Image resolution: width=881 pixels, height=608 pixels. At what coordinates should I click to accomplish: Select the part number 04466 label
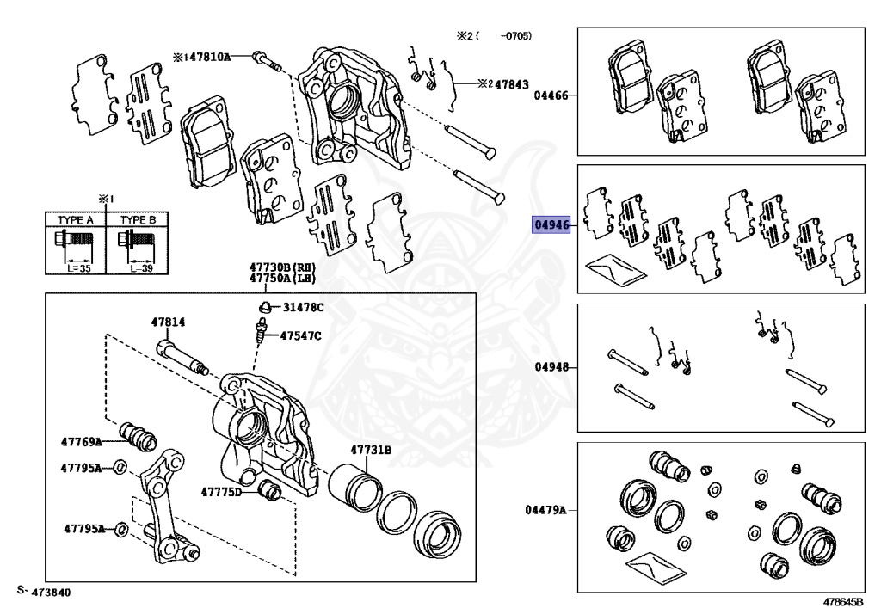(551, 95)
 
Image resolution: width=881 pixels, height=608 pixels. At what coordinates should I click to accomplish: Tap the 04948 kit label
(551, 366)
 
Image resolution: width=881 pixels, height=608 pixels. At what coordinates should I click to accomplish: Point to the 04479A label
(546, 510)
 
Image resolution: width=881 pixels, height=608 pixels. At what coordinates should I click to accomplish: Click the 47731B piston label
(370, 450)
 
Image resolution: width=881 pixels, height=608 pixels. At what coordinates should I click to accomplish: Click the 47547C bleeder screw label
(299, 335)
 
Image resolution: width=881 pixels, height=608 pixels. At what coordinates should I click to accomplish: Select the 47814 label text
(168, 322)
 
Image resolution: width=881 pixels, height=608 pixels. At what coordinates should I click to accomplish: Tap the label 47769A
(81, 441)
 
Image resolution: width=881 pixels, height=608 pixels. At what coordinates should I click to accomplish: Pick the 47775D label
(222, 493)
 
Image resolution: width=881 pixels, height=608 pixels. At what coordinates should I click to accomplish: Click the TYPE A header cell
(75, 220)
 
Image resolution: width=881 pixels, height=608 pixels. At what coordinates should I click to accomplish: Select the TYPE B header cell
(138, 220)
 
